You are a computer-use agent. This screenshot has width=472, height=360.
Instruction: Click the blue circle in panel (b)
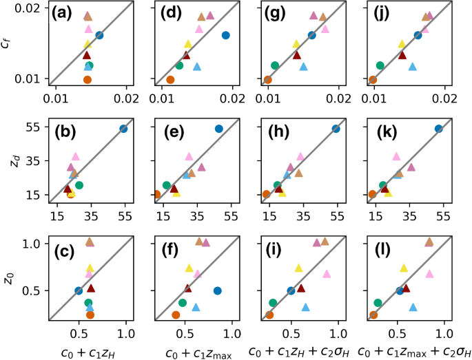pos(123,129)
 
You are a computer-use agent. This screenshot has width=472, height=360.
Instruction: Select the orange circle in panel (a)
pos(88,80)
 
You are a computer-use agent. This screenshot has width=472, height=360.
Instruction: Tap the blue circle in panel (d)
pos(225,35)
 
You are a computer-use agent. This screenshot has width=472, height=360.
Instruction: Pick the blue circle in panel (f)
pos(217,290)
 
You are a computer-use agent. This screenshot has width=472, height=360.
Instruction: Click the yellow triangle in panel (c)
pos(90,268)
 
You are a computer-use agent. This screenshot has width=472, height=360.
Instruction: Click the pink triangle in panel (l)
pos(429,273)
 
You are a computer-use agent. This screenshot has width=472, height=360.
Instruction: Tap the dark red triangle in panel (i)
pos(300,288)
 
